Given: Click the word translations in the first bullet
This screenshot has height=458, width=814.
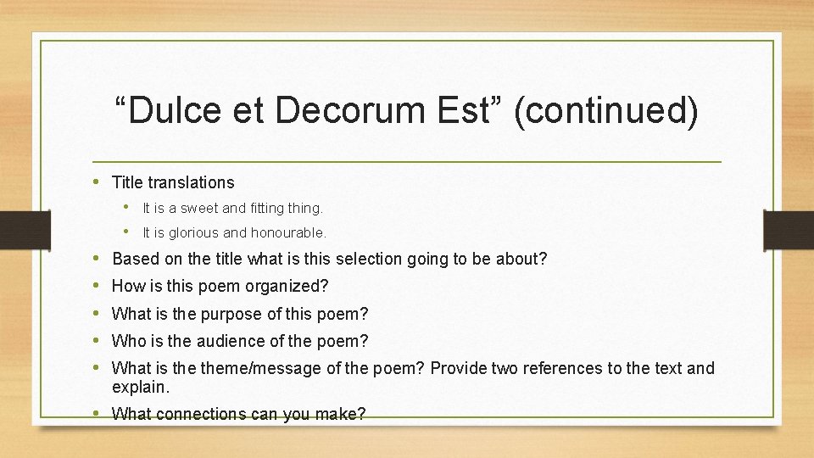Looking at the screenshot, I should [191, 182].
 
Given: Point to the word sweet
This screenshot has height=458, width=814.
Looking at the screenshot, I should [197, 208].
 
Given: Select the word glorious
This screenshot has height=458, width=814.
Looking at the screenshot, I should [192, 232].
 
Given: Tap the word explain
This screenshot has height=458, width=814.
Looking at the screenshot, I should [141, 388].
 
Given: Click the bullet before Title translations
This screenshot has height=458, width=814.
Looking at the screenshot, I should [98, 182].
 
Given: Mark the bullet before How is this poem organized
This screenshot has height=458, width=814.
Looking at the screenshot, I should [98, 286].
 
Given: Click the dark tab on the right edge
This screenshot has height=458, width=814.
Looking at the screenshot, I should [789, 229].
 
